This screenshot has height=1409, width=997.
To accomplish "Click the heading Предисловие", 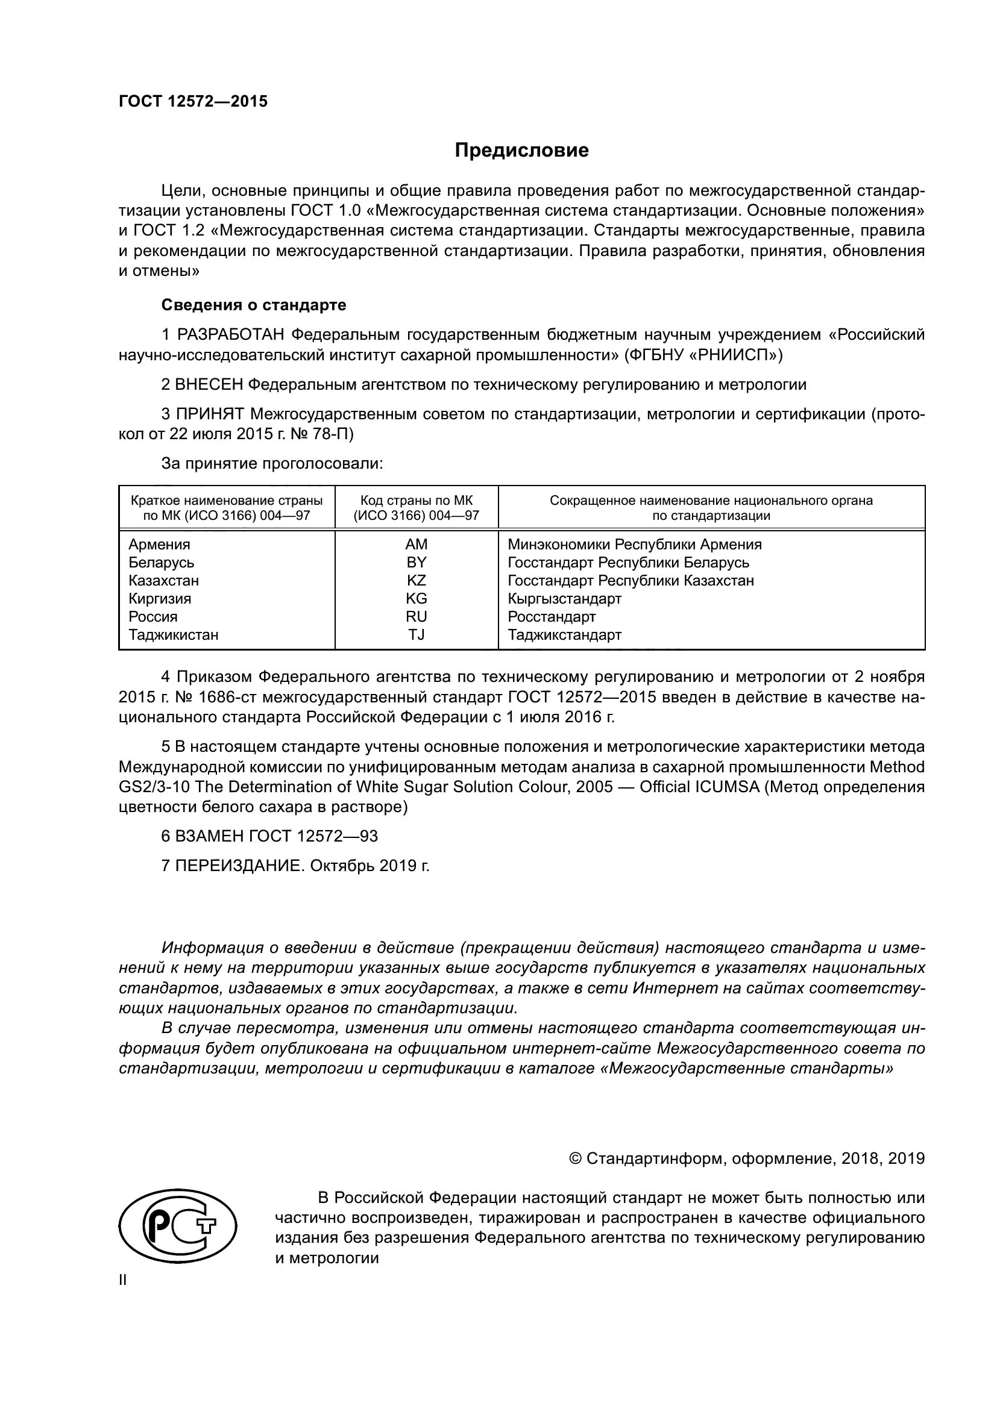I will pyautogui.click(x=521, y=151).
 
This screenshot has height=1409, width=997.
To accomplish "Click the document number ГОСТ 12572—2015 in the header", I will pyautogui.click(x=193, y=102).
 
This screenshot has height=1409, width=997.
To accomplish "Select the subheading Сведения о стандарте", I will pyautogui.click(x=254, y=305).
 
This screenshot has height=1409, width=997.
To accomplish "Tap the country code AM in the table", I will pyautogui.click(x=417, y=545).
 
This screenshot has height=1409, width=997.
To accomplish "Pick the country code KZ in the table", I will pyautogui.click(x=417, y=581).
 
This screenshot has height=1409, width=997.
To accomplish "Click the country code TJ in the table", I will pyautogui.click(x=417, y=634).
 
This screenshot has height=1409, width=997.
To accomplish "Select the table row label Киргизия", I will pyautogui.click(x=160, y=598).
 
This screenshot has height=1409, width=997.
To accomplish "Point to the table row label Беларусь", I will pyautogui.click(x=162, y=562).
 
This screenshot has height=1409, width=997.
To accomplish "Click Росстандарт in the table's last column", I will pyautogui.click(x=552, y=617).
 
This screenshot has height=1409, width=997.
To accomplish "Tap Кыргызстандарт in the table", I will pyautogui.click(x=564, y=598).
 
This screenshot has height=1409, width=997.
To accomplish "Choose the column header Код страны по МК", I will pyautogui.click(x=417, y=501).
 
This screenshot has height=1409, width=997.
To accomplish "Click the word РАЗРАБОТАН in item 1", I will pyautogui.click(x=231, y=335).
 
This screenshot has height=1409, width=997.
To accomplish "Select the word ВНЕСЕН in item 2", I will pyautogui.click(x=209, y=385).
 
